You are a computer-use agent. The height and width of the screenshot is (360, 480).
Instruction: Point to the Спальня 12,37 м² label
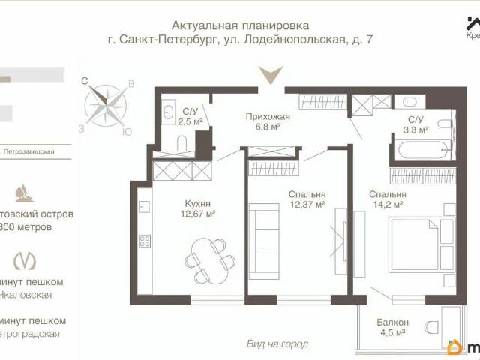[x=306, y=199]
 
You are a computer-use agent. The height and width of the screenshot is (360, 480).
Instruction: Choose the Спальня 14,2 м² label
[x=387, y=199]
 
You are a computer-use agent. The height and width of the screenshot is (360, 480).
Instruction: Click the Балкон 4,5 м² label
[x=392, y=327]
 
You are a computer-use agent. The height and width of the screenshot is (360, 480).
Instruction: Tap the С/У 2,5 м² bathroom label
[x=193, y=116]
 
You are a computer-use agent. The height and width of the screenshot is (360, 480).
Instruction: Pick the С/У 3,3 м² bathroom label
[x=416, y=124]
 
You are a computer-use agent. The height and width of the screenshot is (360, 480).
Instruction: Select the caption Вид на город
[x=277, y=343]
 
